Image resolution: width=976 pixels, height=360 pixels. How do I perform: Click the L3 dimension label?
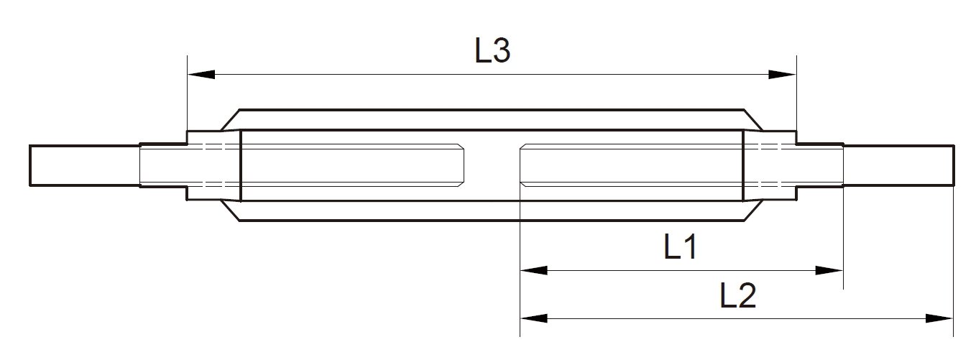tap(493, 52)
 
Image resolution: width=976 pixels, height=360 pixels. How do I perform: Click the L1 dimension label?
tap(679, 249)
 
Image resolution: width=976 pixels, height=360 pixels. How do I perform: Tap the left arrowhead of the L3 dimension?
tap(201, 74)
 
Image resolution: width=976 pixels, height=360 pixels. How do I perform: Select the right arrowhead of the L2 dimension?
tap(939, 318)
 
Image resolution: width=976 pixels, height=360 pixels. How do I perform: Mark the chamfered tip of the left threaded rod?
tap(462, 165)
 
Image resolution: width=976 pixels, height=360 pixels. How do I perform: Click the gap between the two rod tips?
tap(493, 165)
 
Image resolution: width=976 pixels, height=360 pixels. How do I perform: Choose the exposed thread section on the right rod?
tap(820, 165)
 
